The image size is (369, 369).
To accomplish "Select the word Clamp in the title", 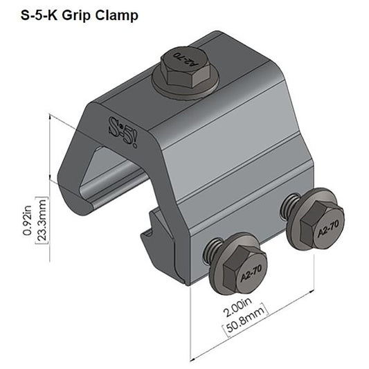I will [x=114, y=15].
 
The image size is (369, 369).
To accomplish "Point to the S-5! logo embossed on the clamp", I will [x=125, y=129].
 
